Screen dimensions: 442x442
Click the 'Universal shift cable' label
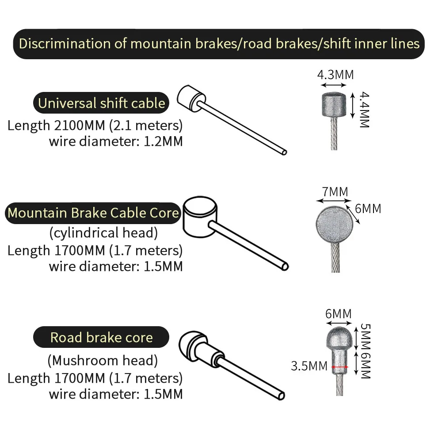[x=101, y=103]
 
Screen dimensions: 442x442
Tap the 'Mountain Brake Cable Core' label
[x=93, y=213]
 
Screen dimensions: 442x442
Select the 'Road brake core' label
[x=101, y=337]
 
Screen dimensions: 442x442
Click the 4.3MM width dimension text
[x=335, y=74]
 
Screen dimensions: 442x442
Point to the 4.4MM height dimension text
[x=363, y=110]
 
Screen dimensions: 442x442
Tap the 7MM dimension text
[x=335, y=192]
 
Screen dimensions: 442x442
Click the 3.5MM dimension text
[x=309, y=366]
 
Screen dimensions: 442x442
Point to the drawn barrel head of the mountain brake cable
[x=200, y=217]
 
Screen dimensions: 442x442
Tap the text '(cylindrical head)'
[x=103, y=232]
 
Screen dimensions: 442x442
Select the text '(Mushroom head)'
[x=102, y=360]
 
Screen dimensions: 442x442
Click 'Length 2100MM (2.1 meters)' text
[x=95, y=125]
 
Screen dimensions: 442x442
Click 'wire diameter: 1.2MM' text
[x=115, y=141]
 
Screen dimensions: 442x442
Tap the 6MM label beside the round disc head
[x=368, y=208]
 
